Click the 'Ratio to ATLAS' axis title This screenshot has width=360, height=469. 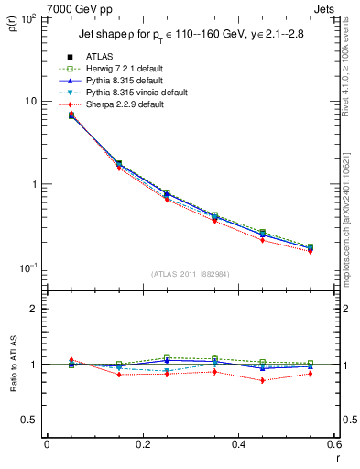pyautogui.click(x=14, y=364)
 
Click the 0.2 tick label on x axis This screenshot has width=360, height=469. pyautogui.click(x=142, y=444)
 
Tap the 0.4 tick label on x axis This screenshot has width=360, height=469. pyautogui.click(x=238, y=444)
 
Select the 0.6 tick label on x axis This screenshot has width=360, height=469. pyautogui.click(x=333, y=444)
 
